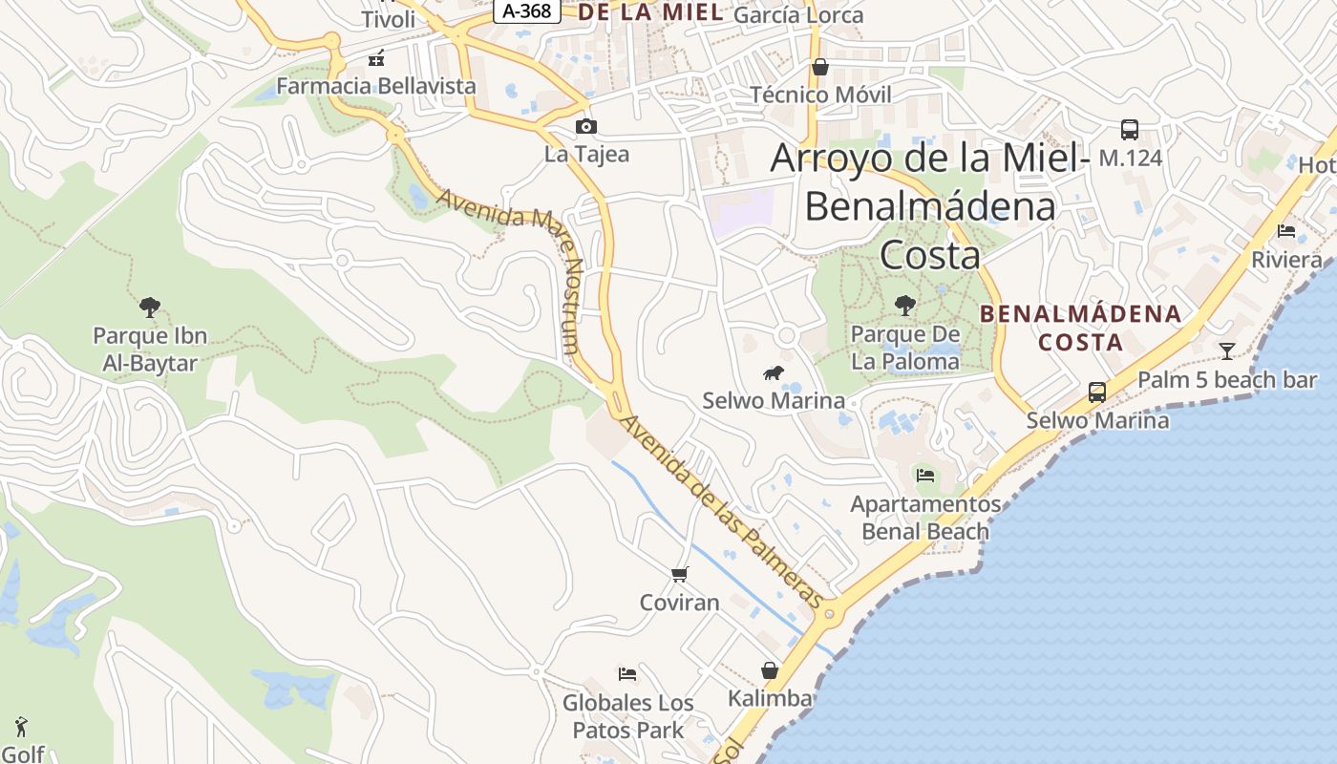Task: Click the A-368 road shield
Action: tap(527, 11)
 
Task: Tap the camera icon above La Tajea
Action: tap(586, 126)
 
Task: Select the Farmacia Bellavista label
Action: tap(375, 86)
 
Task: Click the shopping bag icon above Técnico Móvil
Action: tap(819, 67)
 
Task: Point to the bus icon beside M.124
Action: tap(1129, 130)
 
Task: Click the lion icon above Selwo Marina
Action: tap(773, 372)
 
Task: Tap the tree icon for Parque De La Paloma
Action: tap(904, 306)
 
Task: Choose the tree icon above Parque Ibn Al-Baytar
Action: tap(149, 308)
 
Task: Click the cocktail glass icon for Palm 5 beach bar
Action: tap(1226, 350)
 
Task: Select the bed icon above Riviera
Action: tap(1286, 231)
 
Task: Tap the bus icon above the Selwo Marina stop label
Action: tap(1096, 392)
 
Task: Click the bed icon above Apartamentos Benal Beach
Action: tap(924, 475)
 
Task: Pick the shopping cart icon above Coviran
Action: tap(679, 574)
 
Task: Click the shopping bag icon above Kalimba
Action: tap(770, 670)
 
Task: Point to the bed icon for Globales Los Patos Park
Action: tap(626, 674)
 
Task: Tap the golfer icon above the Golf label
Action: tap(21, 727)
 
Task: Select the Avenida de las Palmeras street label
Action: tap(721, 511)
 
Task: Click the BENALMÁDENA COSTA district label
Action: tap(1080, 328)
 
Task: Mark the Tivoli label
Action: tap(388, 19)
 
